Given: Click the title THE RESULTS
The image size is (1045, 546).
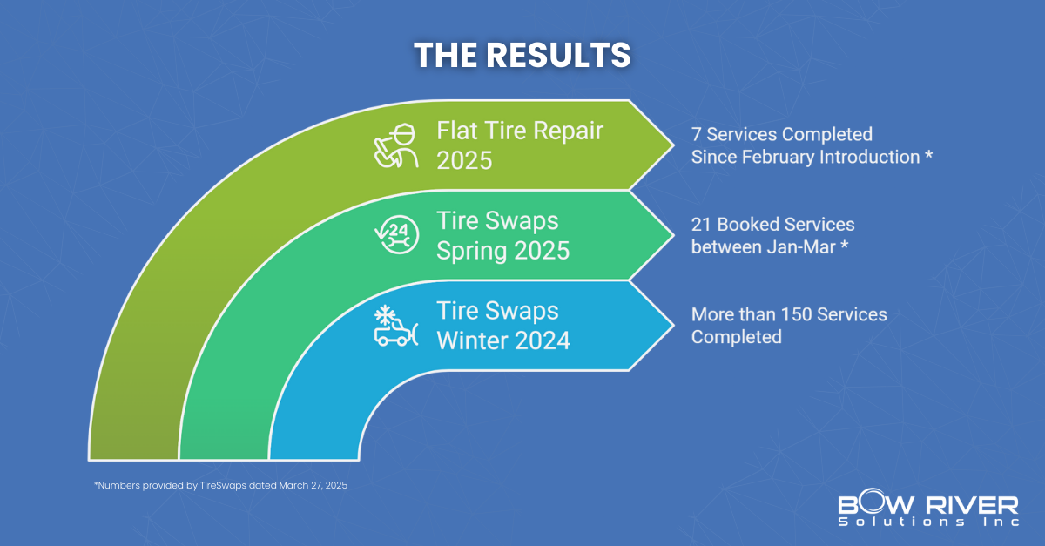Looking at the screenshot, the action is pyautogui.click(x=522, y=55).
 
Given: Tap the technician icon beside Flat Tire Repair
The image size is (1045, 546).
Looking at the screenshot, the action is pyautogui.click(x=396, y=145).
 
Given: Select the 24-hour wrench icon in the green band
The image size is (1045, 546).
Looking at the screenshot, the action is pyautogui.click(x=397, y=235).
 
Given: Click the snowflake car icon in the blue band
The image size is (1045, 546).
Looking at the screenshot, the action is pyautogui.click(x=396, y=326).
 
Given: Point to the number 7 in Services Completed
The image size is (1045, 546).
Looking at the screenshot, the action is pyautogui.click(x=696, y=134).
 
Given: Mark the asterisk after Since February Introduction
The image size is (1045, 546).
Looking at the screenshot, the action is pyautogui.click(x=928, y=154).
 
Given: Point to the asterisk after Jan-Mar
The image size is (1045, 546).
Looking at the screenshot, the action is pyautogui.click(x=844, y=245).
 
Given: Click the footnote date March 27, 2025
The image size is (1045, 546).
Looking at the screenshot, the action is pyautogui.click(x=313, y=485).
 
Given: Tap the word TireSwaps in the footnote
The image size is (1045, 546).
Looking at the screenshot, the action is pyautogui.click(x=223, y=485).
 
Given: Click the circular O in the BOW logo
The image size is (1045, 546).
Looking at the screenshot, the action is pyautogui.click(x=874, y=502).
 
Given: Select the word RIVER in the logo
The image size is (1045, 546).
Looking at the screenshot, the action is pyautogui.click(x=972, y=505).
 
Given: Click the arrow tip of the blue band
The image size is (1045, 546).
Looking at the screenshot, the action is pyautogui.click(x=673, y=326).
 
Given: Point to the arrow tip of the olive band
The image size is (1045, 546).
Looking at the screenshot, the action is pyautogui.click(x=673, y=145).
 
